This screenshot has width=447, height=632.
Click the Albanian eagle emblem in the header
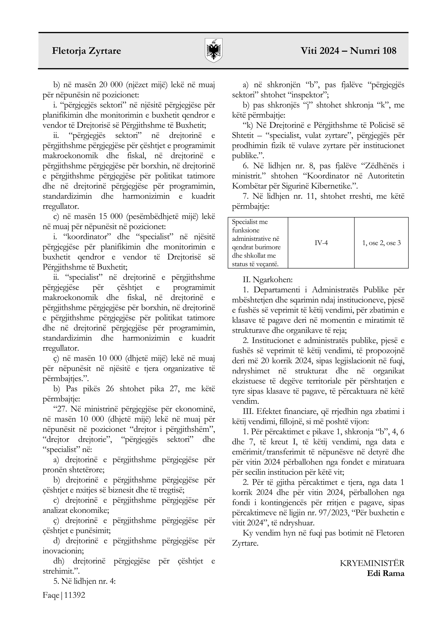point(214,51)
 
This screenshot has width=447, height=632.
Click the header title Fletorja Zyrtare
point(86,51)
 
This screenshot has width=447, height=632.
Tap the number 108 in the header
point(387,51)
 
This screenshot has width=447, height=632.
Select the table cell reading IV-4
point(321,243)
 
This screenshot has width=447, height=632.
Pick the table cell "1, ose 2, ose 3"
point(381,243)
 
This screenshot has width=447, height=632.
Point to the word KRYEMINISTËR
point(372,563)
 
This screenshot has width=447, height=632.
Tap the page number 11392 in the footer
point(75,595)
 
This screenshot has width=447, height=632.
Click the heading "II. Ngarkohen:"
point(268,280)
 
